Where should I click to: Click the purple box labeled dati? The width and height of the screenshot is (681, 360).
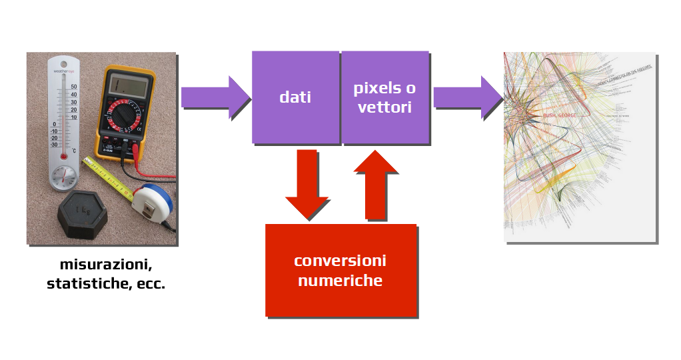[x=295, y=97]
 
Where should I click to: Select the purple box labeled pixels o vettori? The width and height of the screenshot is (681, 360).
[x=384, y=97]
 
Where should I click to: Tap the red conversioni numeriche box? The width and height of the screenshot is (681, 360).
[x=340, y=270]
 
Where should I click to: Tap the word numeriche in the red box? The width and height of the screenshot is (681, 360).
[x=340, y=281]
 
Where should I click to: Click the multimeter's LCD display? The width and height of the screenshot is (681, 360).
[x=129, y=85]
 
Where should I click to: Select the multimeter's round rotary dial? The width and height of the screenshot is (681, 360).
[x=125, y=117]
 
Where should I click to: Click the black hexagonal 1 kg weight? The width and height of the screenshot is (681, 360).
[x=83, y=214]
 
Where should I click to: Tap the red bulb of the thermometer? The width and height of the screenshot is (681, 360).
[x=64, y=156]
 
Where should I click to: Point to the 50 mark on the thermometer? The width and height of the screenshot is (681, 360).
[x=74, y=87]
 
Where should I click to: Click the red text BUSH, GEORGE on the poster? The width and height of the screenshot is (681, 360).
[x=562, y=115]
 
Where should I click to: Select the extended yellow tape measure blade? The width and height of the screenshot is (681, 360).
[x=110, y=177]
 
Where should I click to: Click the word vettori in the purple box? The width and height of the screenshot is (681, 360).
[x=384, y=107]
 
